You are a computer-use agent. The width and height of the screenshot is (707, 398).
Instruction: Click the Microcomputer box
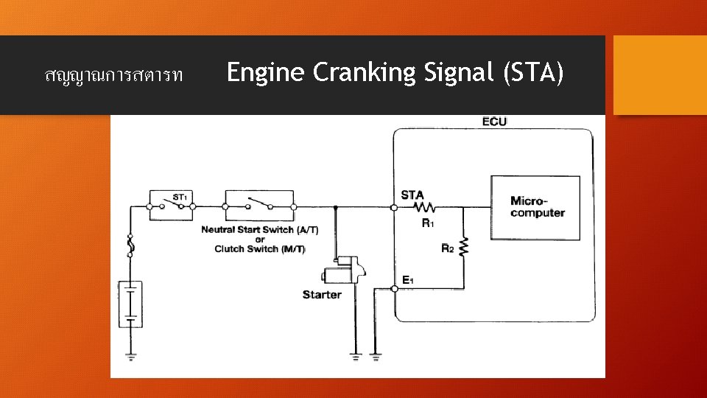coord(535,207)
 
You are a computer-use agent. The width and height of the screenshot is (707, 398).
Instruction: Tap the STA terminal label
coord(412,195)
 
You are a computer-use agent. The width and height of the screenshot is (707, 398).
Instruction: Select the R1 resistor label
coord(428,223)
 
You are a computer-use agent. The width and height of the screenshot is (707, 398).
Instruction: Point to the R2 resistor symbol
coord(464,247)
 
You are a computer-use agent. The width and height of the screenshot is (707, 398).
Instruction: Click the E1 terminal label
coord(407,279)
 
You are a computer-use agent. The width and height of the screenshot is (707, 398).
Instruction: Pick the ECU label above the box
coord(494,121)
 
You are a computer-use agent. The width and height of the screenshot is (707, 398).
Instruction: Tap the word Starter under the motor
coord(322,295)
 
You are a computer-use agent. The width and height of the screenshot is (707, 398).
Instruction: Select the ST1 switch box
coord(171,202)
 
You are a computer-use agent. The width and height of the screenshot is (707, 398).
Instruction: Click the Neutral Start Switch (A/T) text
coord(259,230)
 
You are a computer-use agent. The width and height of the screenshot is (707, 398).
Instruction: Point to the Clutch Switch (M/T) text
coord(259,249)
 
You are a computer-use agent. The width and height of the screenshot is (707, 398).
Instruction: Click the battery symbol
coord(130,303)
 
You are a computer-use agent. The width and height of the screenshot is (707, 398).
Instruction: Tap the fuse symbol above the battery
coord(130,245)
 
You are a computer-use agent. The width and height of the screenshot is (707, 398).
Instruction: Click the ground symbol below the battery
coord(130,357)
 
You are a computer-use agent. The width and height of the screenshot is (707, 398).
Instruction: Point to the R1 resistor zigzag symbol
coord(426,208)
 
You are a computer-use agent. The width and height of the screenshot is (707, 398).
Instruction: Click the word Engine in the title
coord(265,73)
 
